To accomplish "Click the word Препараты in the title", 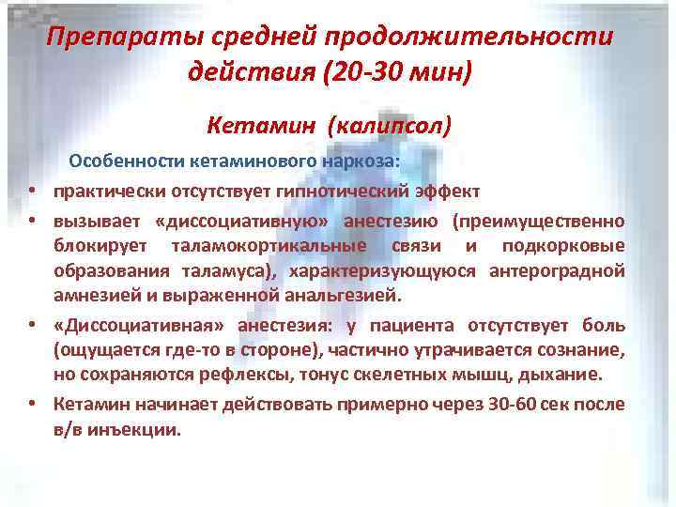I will tap(109, 39).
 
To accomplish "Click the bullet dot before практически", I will tap(32, 192).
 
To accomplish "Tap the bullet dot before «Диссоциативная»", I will tap(32, 326).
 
